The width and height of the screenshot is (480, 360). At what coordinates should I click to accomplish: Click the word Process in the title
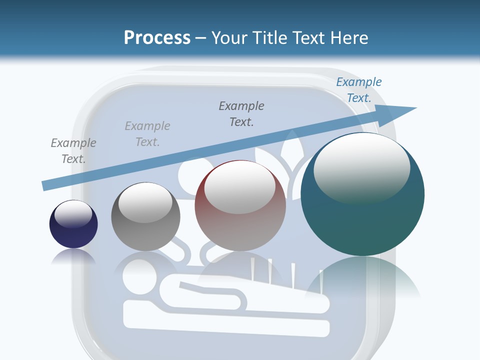coord(157,37)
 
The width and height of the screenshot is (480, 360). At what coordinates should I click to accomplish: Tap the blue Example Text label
coord(358,90)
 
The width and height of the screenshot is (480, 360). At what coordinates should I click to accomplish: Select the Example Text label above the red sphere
coord(241,113)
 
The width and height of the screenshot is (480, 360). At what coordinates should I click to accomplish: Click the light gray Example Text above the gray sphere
coord(147,133)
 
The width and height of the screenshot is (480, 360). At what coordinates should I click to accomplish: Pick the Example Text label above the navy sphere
coord(73,150)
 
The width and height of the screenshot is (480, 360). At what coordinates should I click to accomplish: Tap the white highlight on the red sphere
coord(239,187)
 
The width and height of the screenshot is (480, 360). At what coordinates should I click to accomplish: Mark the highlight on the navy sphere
coord(73,214)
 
